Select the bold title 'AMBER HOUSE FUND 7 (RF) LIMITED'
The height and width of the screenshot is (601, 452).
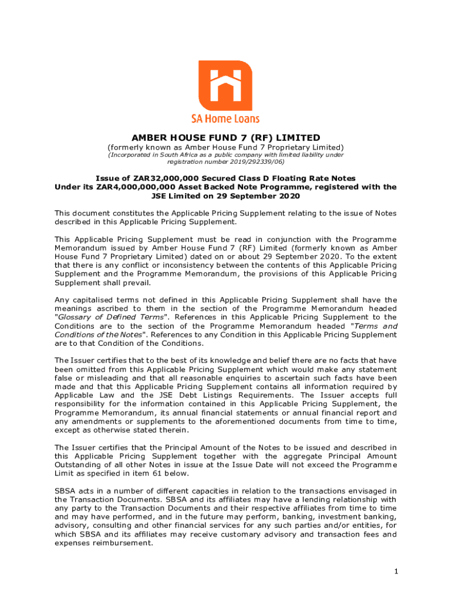(x=225, y=138)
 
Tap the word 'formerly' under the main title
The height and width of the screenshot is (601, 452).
(x=125, y=147)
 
